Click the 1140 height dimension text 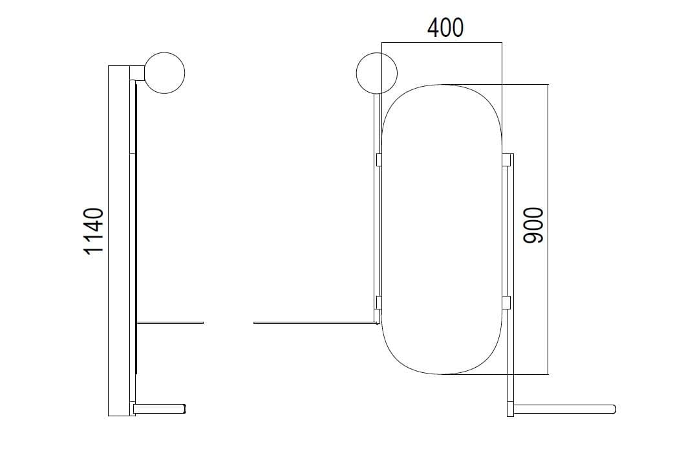point(94,232)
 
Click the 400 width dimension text point(445,28)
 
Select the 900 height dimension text point(533,225)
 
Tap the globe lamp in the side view point(164,73)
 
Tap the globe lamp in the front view point(377,73)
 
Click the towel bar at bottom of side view point(160,408)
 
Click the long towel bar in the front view point(565,409)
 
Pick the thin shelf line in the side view point(170,322)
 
